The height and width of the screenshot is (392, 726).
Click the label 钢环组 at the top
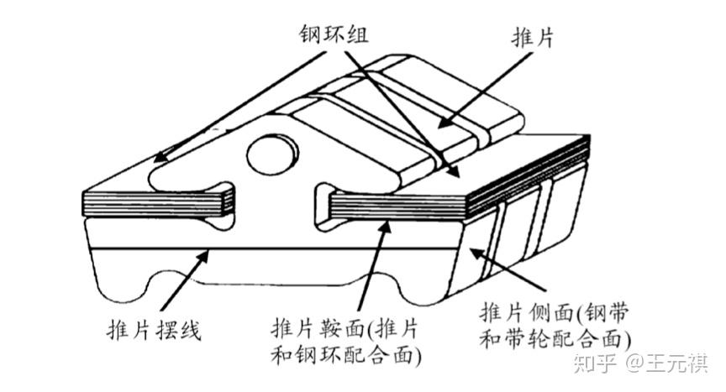(x=334, y=34)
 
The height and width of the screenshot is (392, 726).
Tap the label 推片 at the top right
(x=533, y=37)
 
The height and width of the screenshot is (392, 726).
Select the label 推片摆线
(x=154, y=330)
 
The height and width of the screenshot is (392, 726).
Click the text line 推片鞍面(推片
(x=345, y=329)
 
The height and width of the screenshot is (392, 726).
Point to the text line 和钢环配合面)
(x=346, y=355)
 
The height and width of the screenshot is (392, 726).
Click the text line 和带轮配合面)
(x=555, y=339)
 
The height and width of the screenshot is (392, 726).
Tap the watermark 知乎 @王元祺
(x=641, y=363)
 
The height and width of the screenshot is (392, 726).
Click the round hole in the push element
(x=273, y=154)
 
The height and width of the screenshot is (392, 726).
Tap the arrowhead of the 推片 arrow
(x=443, y=123)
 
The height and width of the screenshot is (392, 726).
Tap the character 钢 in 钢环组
(x=310, y=34)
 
